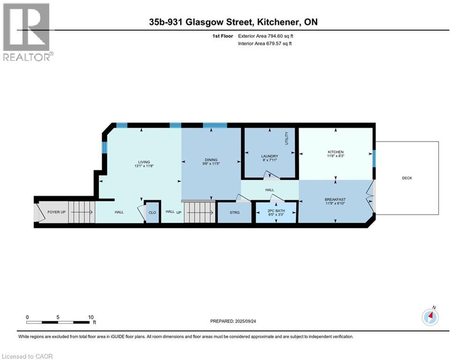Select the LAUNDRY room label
269,156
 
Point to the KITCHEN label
336,152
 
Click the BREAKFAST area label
336,200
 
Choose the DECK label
407,178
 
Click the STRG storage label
235,212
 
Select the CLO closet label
152,212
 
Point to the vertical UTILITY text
287,138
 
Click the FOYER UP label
57,212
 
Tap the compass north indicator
430,317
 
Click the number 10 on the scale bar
91,317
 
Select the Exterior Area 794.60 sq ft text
266,36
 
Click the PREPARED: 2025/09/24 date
233,321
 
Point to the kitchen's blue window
374,158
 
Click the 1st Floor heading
222,36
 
